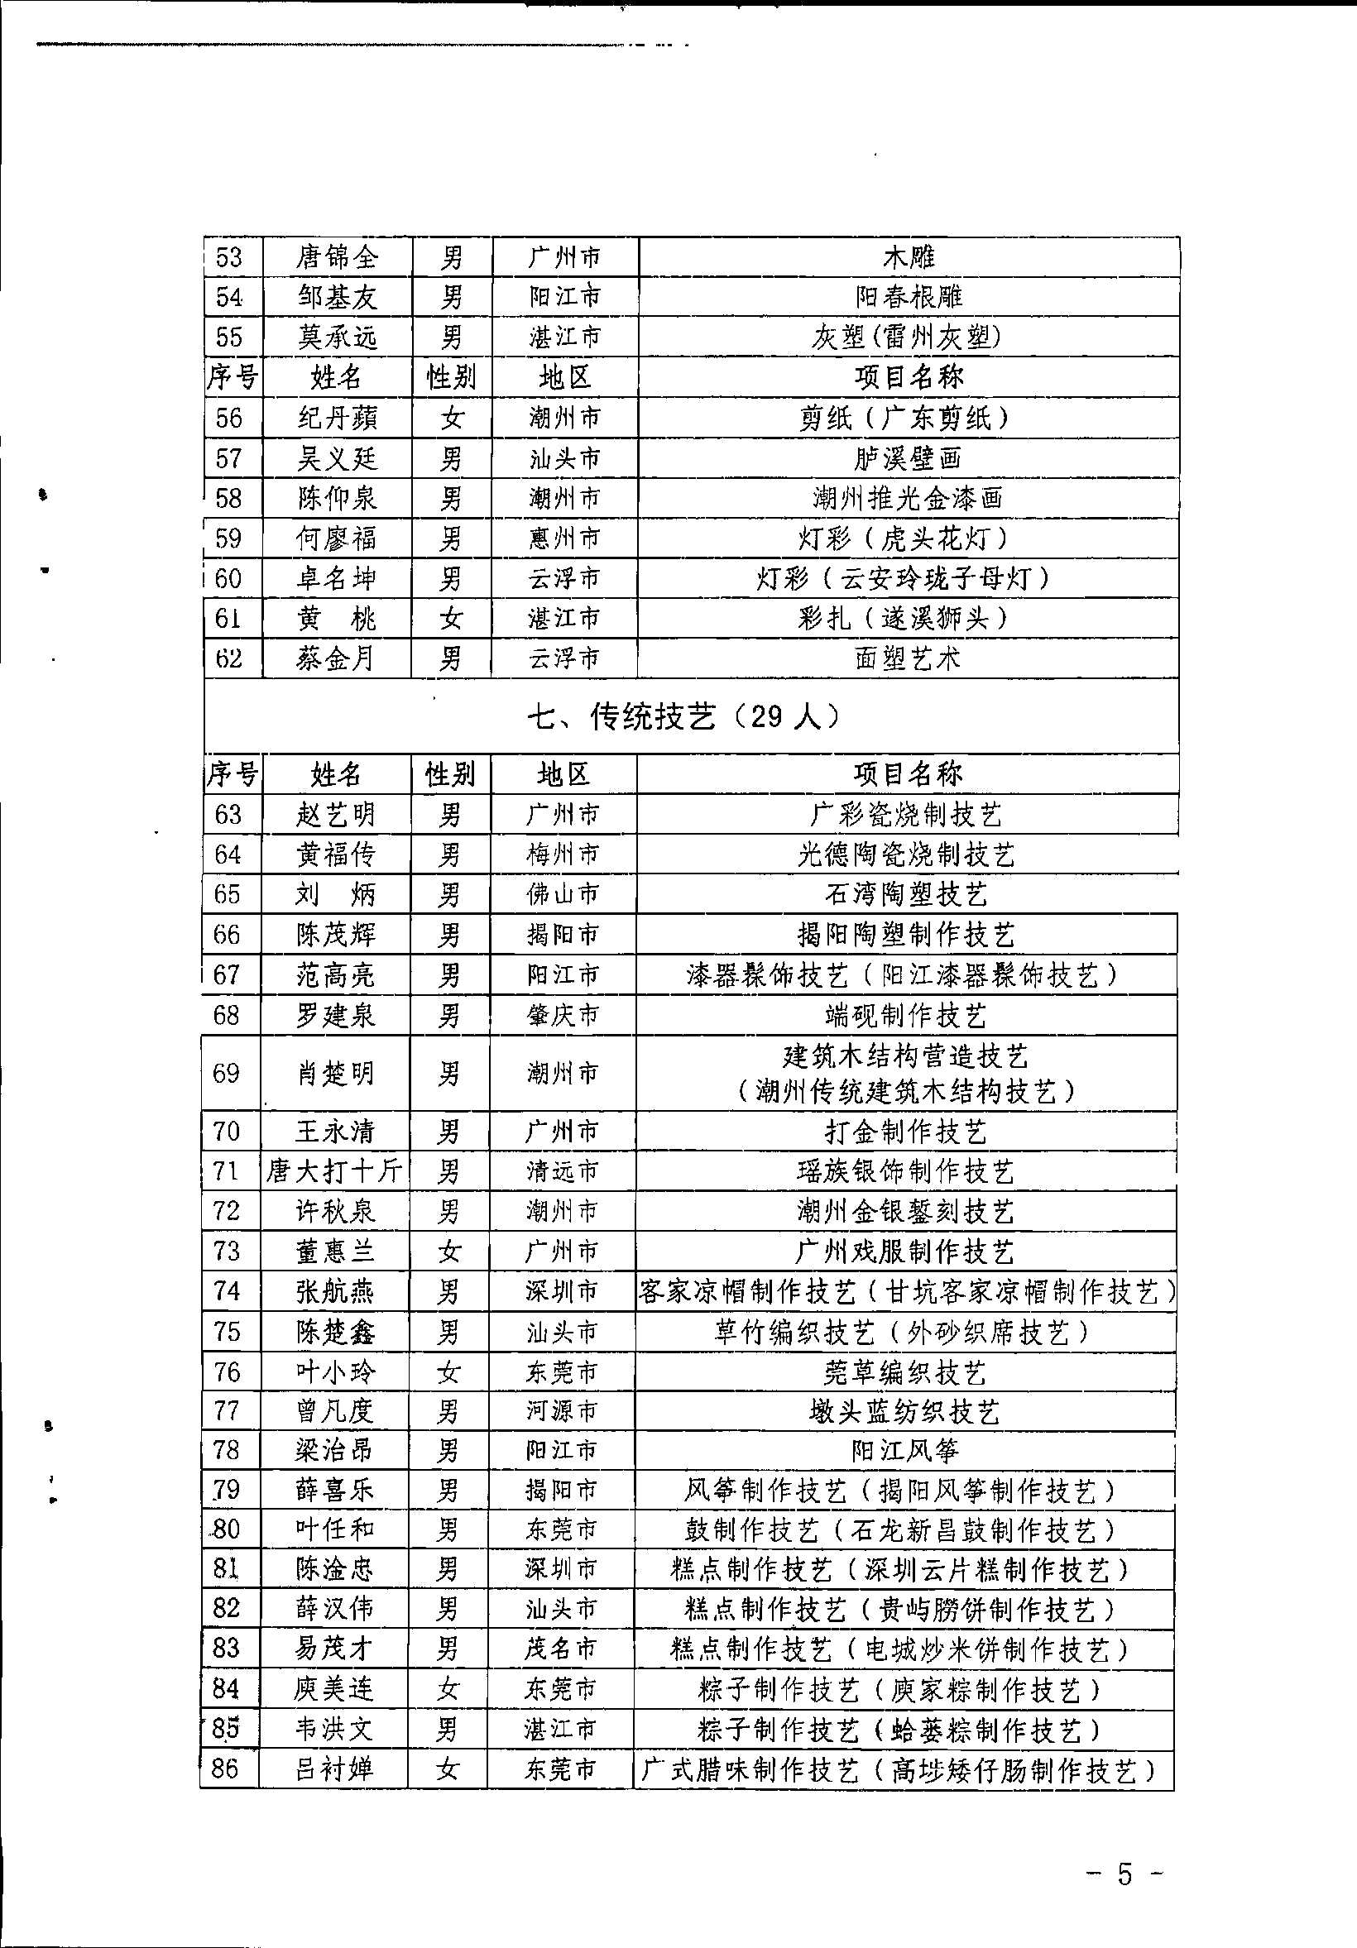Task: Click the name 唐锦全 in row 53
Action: pyautogui.click(x=337, y=257)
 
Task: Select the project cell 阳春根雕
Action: pyautogui.click(x=909, y=297)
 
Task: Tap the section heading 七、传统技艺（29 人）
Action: pyautogui.click(x=684, y=717)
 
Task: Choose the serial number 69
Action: pyautogui.click(x=227, y=1074)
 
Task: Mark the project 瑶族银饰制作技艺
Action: pyautogui.click(x=905, y=1171)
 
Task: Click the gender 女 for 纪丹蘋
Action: pyautogui.click(x=452, y=419)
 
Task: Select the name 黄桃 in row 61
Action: pyautogui.click(x=336, y=619)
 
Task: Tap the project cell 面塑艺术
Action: pyautogui.click(x=907, y=658)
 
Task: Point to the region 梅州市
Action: pyautogui.click(x=563, y=854)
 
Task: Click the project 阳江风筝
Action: pyautogui.click(x=904, y=1451)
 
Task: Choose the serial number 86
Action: pyautogui.click(x=225, y=1769)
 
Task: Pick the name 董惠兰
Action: pyautogui.click(x=334, y=1252)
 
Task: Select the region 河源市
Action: pyautogui.click(x=562, y=1411)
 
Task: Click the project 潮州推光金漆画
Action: pyautogui.click(x=907, y=498)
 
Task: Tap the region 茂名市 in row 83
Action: pyautogui.click(x=561, y=1649)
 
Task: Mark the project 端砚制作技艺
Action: pyautogui.click(x=905, y=1016)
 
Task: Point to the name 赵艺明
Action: pyautogui.click(x=335, y=815)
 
